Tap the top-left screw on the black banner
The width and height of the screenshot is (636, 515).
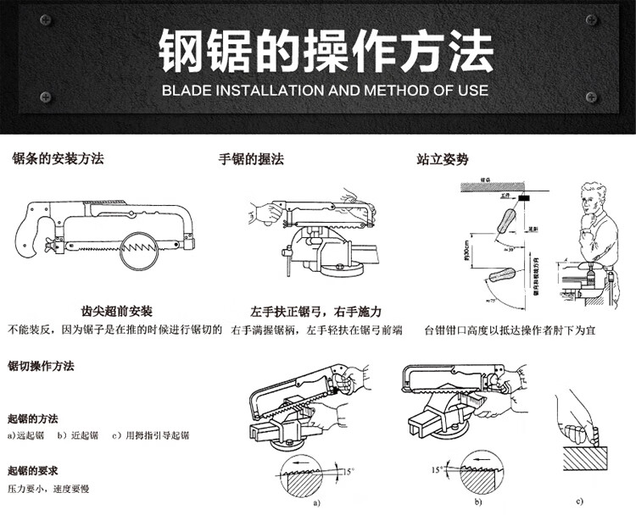point(46,19)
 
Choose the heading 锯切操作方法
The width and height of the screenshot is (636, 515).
point(41,367)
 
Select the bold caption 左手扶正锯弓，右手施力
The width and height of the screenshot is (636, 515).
point(316,312)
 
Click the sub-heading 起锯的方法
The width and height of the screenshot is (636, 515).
point(32,418)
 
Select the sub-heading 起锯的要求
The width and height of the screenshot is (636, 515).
point(32,470)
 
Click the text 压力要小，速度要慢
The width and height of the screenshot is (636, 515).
point(49,490)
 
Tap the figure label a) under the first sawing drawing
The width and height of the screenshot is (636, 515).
point(317,501)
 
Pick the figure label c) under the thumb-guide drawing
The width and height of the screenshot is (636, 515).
point(579,501)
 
